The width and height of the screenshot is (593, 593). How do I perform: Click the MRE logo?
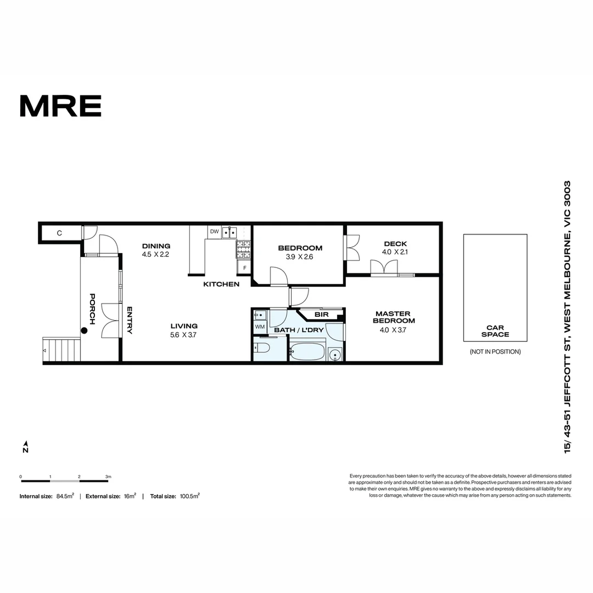pos(60,106)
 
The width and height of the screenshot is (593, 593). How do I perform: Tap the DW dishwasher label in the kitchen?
pos(214,232)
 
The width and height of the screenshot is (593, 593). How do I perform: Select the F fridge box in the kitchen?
pos(244,268)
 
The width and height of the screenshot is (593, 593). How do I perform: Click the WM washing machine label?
pos(260,327)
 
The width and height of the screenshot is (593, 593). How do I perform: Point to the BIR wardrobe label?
pos(321,315)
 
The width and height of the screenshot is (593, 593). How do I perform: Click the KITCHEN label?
pos(221,284)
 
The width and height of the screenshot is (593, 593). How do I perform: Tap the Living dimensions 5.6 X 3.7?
pos(184,334)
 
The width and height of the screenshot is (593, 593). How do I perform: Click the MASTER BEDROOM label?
pos(394,317)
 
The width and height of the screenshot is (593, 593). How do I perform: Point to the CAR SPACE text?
pos(495,331)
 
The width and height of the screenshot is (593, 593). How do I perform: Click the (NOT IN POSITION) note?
pos(495,351)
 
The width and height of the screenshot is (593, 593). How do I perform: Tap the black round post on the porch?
pos(84,331)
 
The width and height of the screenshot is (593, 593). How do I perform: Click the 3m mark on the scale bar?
pos(108,477)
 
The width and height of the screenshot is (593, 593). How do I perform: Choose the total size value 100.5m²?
pos(189,496)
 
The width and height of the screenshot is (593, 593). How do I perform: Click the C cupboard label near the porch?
pos(59,233)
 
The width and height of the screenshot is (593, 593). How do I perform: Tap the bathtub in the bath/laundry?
pos(307,351)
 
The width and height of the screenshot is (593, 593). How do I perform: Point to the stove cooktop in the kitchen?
pos(243,250)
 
